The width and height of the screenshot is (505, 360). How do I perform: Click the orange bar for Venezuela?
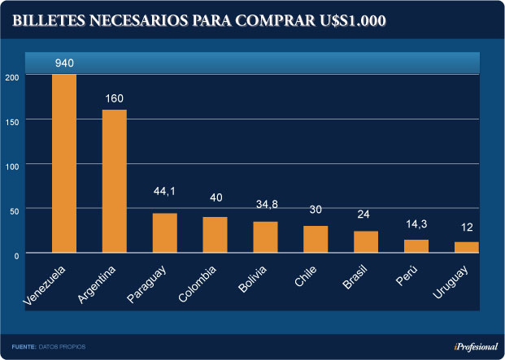tap(64, 163)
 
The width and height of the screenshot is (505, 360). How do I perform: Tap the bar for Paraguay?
tap(164, 233)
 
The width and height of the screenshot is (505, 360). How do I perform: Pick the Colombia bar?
tap(215, 235)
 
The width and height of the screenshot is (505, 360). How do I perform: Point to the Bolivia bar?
tap(265, 237)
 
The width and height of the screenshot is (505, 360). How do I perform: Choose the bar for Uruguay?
tap(466, 248)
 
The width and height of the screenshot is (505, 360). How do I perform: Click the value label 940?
tap(65, 63)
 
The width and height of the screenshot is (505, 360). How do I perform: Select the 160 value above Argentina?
tap(114, 98)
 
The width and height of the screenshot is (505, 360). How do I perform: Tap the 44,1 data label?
tap(164, 192)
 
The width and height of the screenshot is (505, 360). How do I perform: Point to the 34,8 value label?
tap(265, 203)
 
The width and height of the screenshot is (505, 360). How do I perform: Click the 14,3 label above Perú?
tap(416, 224)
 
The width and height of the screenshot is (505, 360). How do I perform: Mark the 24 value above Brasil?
tap(365, 215)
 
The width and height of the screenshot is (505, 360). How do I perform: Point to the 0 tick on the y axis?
tap(15, 254)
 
